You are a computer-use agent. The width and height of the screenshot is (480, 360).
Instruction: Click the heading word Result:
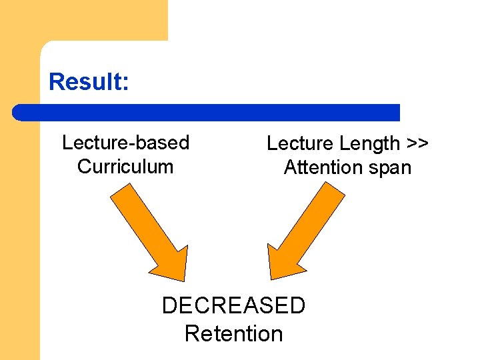pyautogui.click(x=89, y=81)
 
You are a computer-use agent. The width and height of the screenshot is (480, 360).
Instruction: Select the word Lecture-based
pyautogui.click(x=125, y=143)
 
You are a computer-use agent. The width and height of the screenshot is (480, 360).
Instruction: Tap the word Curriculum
pyautogui.click(x=125, y=166)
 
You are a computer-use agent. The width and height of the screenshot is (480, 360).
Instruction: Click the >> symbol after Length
pyautogui.click(x=417, y=143)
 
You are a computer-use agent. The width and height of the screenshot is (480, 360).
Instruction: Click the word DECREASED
pyautogui.click(x=233, y=305)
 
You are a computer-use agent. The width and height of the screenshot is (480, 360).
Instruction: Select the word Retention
pyautogui.click(x=233, y=333)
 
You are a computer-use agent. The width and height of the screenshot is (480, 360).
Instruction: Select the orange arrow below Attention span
pyautogui.click(x=306, y=230)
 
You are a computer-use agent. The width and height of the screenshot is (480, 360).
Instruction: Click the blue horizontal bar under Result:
pyautogui.click(x=207, y=112)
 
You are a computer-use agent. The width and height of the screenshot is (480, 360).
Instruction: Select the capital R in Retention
pyautogui.click(x=192, y=333)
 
